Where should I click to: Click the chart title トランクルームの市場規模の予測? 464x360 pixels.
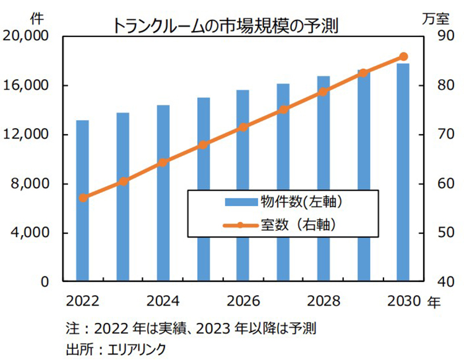225,25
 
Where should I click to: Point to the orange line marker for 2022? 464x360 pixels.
84,198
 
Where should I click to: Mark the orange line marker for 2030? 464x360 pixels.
403,56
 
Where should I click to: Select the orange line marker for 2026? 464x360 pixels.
243,127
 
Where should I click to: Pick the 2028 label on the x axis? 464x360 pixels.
324,301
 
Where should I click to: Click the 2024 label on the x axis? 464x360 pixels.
163,301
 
